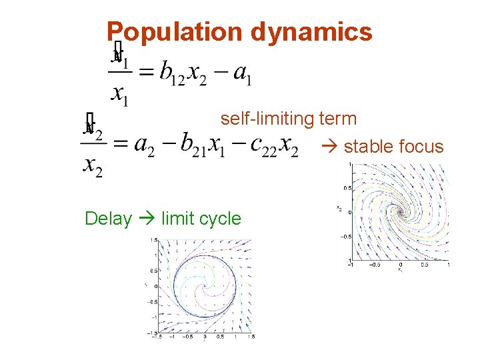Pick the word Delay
pyautogui.click(x=108, y=219)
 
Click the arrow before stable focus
pyautogui.click(x=331, y=147)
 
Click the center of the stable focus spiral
pyautogui.click(x=401, y=212)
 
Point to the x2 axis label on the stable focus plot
pyautogui.click(x=339, y=208)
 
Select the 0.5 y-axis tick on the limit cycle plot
pyautogui.click(x=154, y=271)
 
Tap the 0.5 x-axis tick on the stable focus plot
pyautogui.click(x=425, y=265)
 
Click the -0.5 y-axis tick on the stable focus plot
pyautogui.click(x=344, y=236)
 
